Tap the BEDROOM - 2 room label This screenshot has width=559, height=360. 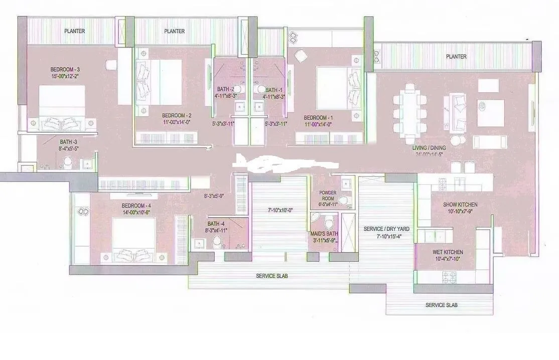click(x=173, y=115)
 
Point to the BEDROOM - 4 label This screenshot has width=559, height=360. click(x=136, y=206)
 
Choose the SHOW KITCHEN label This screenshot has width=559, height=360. click(x=460, y=205)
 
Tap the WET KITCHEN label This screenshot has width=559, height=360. click(x=448, y=252)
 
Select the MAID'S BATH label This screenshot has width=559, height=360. click(x=325, y=234)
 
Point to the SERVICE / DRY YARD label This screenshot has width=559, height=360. click(x=382, y=229)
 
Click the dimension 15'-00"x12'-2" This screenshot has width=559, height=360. click(x=65, y=76)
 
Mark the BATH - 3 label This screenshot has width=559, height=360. click(x=69, y=142)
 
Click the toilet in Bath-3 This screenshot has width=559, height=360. click(x=68, y=162)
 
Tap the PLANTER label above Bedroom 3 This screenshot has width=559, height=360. click(x=74, y=31)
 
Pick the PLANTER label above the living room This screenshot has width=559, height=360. click(x=456, y=57)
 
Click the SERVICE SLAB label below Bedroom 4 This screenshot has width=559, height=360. click(x=271, y=276)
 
